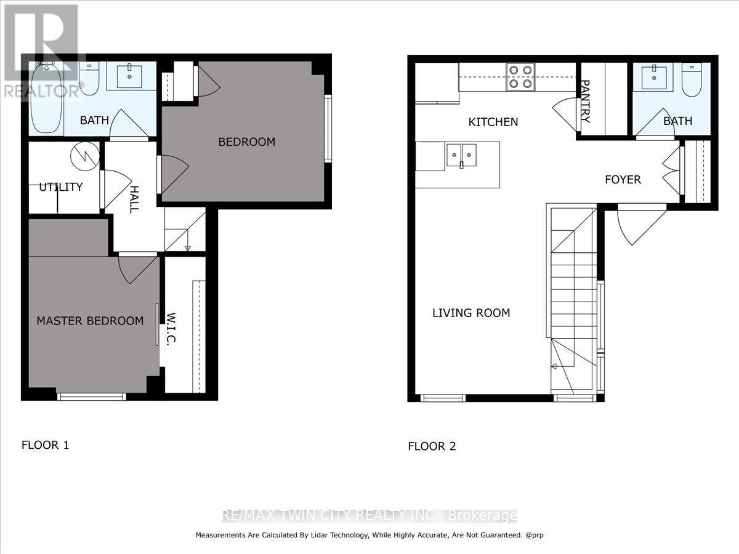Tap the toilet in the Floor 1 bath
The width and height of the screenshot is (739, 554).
point(89,80)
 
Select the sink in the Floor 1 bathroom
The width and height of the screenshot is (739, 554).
point(129,78)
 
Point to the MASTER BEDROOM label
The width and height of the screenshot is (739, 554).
point(90,321)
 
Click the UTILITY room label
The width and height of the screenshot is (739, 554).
point(61,187)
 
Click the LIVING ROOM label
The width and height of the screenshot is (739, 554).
point(471,313)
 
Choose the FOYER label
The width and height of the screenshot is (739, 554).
point(623,180)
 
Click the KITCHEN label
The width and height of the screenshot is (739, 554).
point(493,122)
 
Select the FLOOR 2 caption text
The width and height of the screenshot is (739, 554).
point(432,446)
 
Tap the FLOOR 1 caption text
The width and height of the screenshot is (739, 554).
point(46,444)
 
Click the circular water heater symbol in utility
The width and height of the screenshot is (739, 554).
point(84,156)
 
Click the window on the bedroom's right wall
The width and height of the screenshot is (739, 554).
point(328,129)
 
